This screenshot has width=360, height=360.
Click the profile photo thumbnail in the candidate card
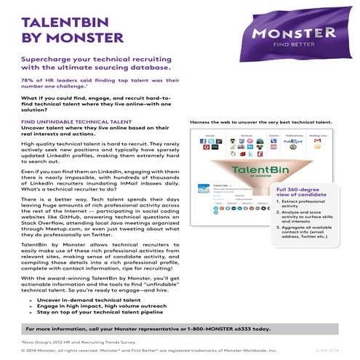pos(204,189)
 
